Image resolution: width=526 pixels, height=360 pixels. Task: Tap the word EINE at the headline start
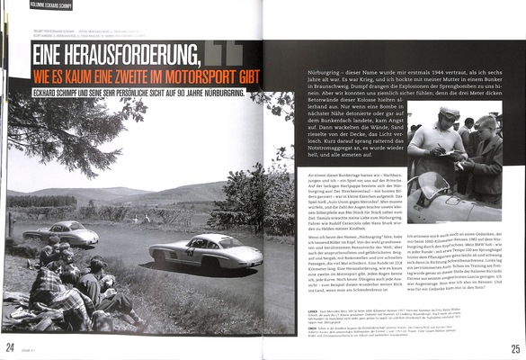pyautogui.click(x=49, y=55)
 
